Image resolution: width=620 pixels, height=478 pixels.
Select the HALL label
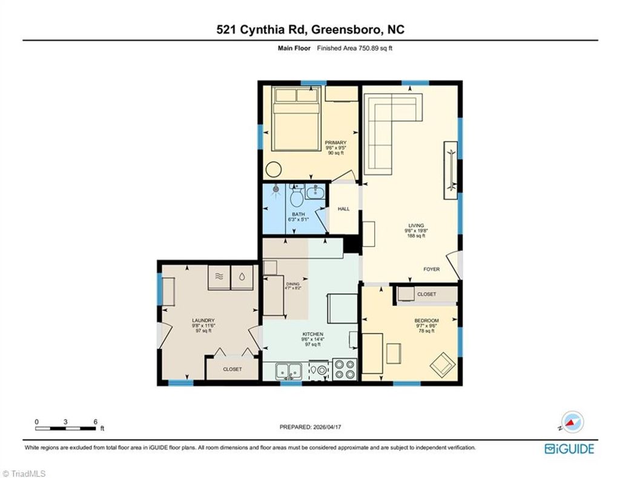pos(344,209)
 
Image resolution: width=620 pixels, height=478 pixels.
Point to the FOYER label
pos(431,269)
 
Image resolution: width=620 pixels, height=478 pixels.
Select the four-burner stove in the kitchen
pos(346,368)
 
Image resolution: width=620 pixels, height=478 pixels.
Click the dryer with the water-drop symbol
pos(242,276)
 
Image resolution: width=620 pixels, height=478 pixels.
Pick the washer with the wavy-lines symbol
pos(220,276)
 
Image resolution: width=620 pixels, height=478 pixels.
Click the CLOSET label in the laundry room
pos(232,369)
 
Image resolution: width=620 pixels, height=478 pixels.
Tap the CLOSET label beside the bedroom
pos(426,294)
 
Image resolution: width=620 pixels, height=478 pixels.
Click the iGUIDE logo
pos(569,449)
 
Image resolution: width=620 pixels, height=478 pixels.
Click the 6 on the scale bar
pos(95,421)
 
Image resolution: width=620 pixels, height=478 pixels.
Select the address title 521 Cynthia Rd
pos(309,30)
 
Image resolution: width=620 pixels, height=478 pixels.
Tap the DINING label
pos(293,284)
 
